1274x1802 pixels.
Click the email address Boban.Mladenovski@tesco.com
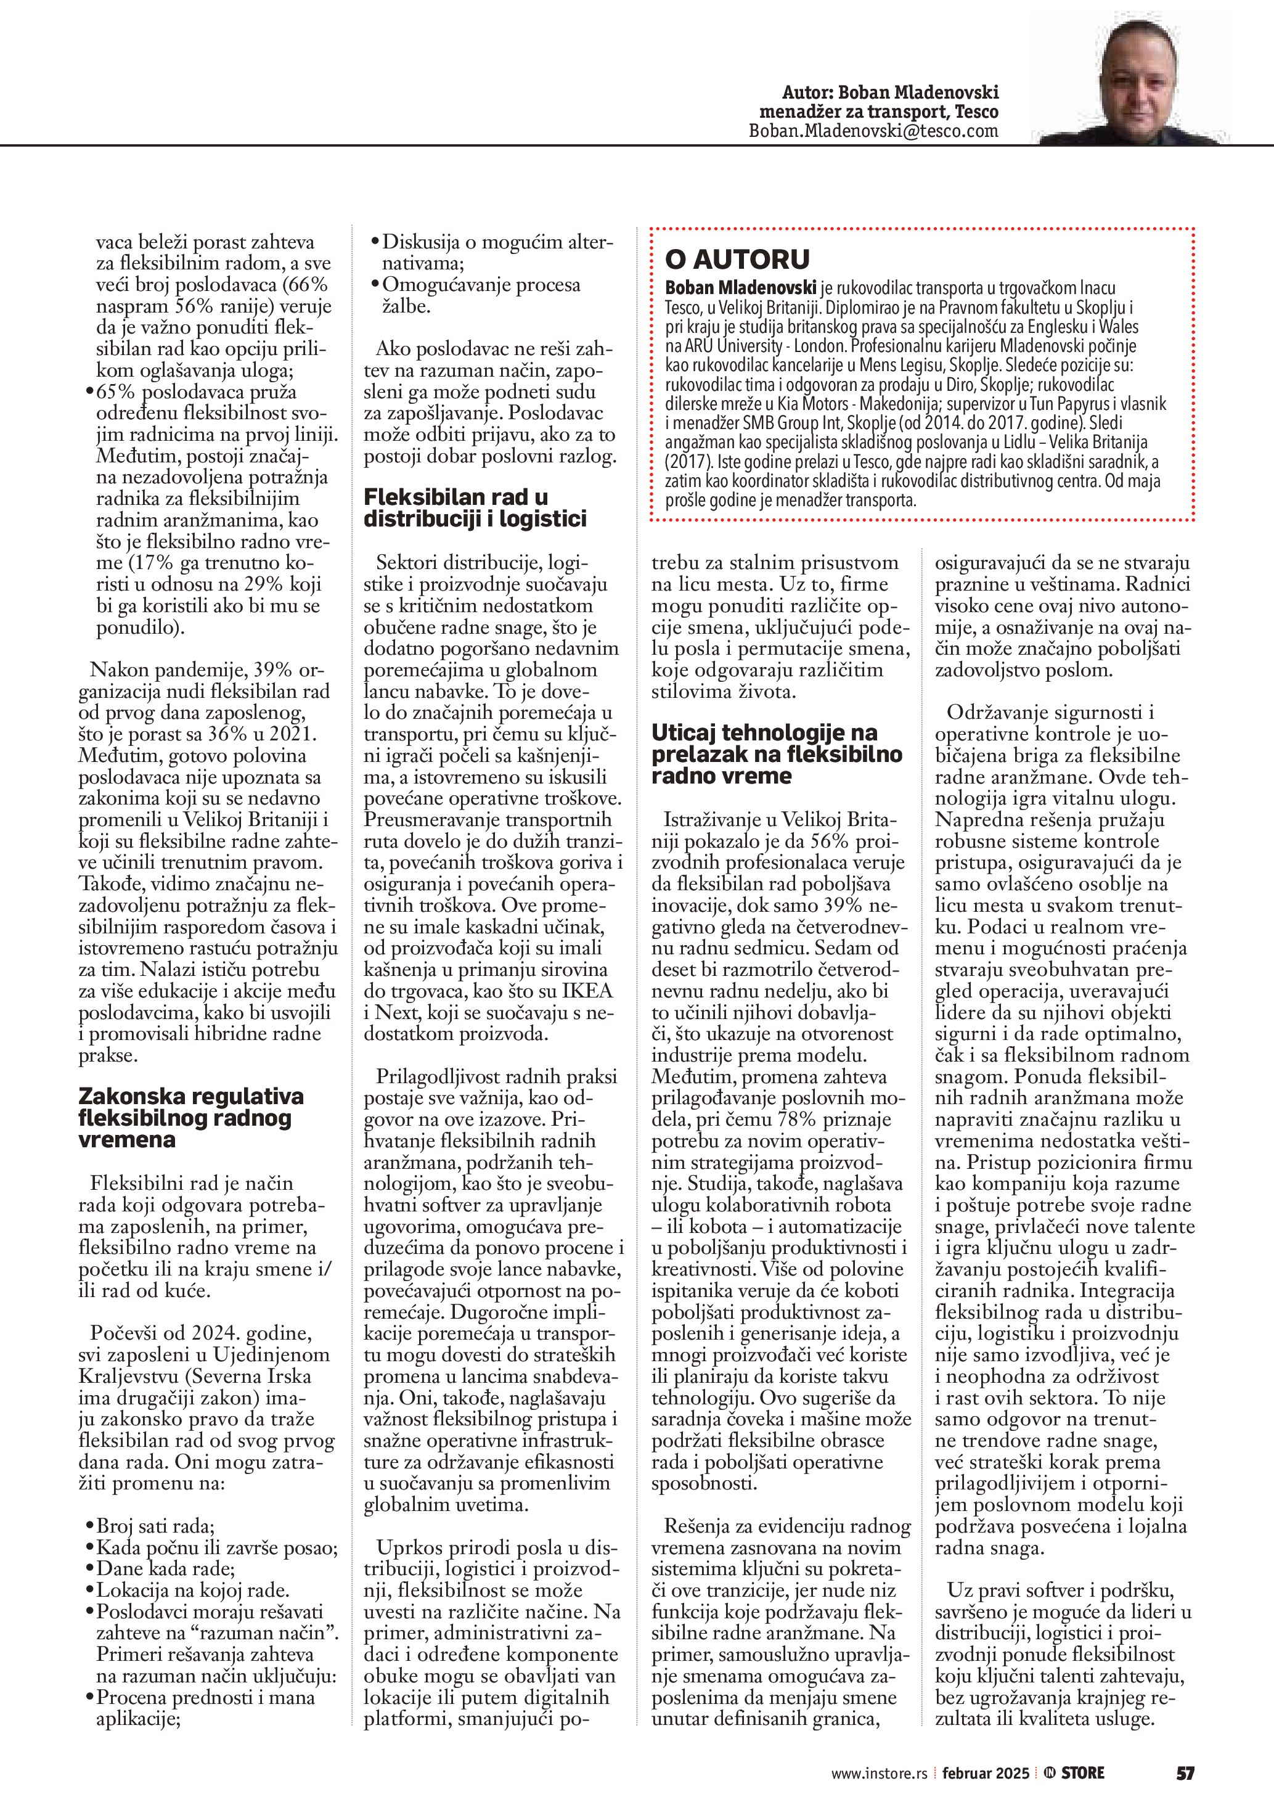tap(873, 131)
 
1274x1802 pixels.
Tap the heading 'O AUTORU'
tap(737, 259)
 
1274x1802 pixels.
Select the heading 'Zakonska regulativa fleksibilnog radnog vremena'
tap(190, 1118)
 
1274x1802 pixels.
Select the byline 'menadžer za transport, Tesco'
tap(879, 112)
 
